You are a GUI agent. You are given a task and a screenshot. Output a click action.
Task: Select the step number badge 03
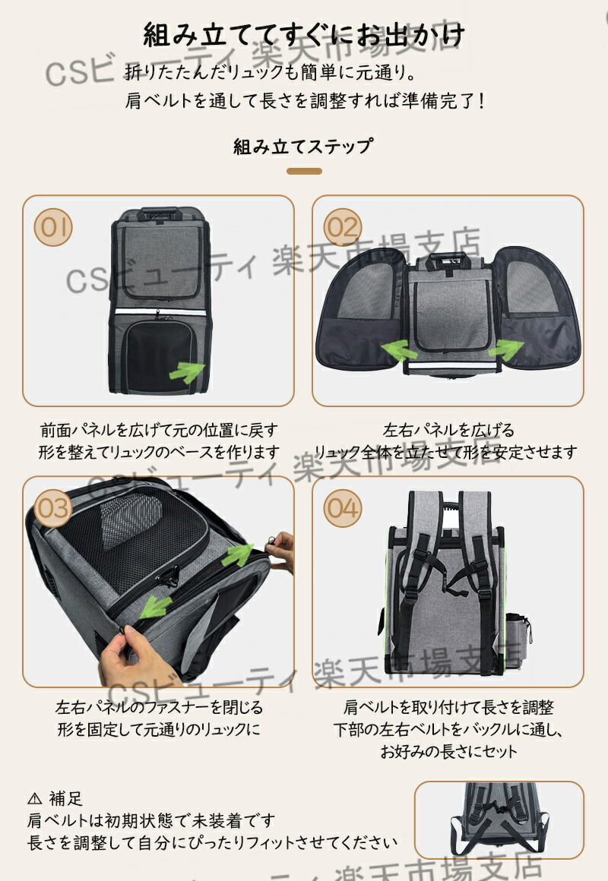coord(54,507)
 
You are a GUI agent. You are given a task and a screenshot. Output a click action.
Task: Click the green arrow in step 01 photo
coord(186,371)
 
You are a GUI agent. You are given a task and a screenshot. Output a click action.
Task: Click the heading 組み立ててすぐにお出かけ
coord(304,36)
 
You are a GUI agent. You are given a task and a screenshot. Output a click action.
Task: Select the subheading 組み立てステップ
coord(303,146)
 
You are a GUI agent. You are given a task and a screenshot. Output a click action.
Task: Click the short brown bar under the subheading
coord(304,171)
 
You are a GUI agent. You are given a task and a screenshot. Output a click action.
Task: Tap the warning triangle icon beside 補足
coord(35,799)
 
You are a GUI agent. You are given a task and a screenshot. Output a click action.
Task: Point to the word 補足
coord(66,799)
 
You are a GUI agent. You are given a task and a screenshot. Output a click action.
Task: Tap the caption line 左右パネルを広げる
coord(448,431)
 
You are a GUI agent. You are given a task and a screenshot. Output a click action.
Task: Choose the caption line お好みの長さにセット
coord(448,752)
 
